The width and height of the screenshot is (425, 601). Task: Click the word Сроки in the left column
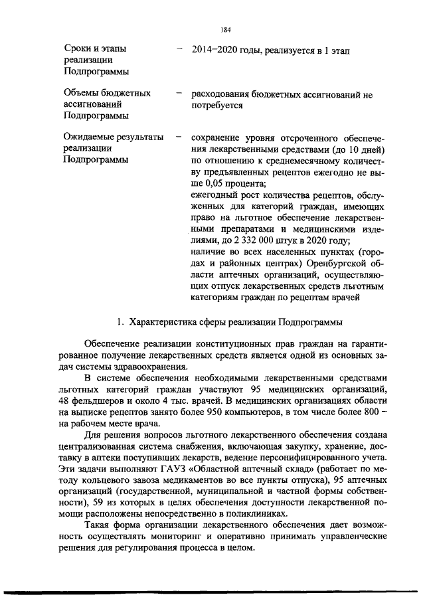coord(77,49)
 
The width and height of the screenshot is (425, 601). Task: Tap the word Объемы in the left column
coord(82,94)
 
